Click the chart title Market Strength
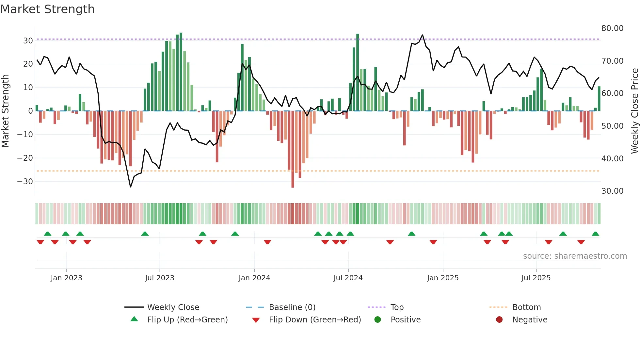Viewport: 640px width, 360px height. click(47, 9)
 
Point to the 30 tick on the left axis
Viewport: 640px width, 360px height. click(28, 41)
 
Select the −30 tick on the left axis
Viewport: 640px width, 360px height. click(25, 182)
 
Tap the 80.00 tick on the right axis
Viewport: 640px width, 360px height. click(612, 28)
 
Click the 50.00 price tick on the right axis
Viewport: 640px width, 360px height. click(612, 126)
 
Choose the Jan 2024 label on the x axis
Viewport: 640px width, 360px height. click(254, 278)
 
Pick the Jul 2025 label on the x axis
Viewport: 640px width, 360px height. click(536, 278)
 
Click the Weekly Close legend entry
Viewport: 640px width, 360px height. click(173, 307)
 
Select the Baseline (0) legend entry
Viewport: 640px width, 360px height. click(292, 307)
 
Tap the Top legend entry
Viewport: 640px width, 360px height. click(397, 307)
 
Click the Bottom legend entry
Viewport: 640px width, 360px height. click(526, 307)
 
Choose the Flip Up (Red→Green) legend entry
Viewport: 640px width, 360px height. click(187, 320)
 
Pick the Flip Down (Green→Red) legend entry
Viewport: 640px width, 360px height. click(315, 320)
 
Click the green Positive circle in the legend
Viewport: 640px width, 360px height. click(378, 320)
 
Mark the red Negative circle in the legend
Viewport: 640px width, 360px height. click(499, 320)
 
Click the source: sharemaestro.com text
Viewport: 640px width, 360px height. click(575, 256)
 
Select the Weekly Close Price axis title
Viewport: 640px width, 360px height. click(634, 111)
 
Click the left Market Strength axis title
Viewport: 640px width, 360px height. click(5, 111)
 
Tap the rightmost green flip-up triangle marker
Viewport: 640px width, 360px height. click(595, 234)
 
